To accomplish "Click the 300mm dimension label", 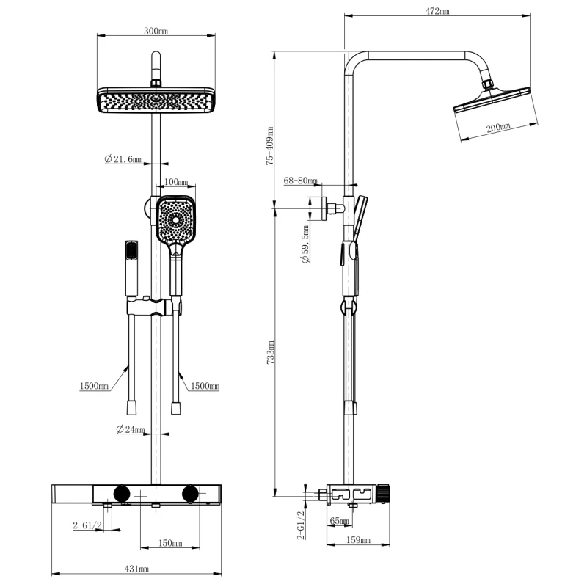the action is point(156,31).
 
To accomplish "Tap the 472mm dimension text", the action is point(437,11).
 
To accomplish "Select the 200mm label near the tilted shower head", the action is point(498,128).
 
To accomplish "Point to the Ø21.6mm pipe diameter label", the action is point(123,159).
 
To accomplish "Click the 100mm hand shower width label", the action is point(176,182).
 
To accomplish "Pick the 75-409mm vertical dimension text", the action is point(270,146).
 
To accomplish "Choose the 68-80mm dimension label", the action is point(301,181).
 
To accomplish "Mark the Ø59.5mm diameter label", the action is point(305,244).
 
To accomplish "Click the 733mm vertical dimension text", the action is point(271,353).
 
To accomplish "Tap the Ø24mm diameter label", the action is point(131,429).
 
